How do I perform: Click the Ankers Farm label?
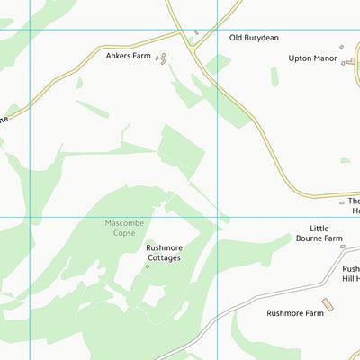point(128,56)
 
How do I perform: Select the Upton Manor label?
point(312,58)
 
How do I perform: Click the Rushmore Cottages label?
point(163,252)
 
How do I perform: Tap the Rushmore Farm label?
point(294,313)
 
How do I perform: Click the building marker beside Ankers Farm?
point(162,58)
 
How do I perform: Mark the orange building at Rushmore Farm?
point(328,306)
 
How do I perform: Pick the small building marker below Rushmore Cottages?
point(148,266)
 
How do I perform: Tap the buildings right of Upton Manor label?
point(343,58)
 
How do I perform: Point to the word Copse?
point(124,233)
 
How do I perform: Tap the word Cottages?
point(163,257)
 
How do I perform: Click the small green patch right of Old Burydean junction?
point(218,64)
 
